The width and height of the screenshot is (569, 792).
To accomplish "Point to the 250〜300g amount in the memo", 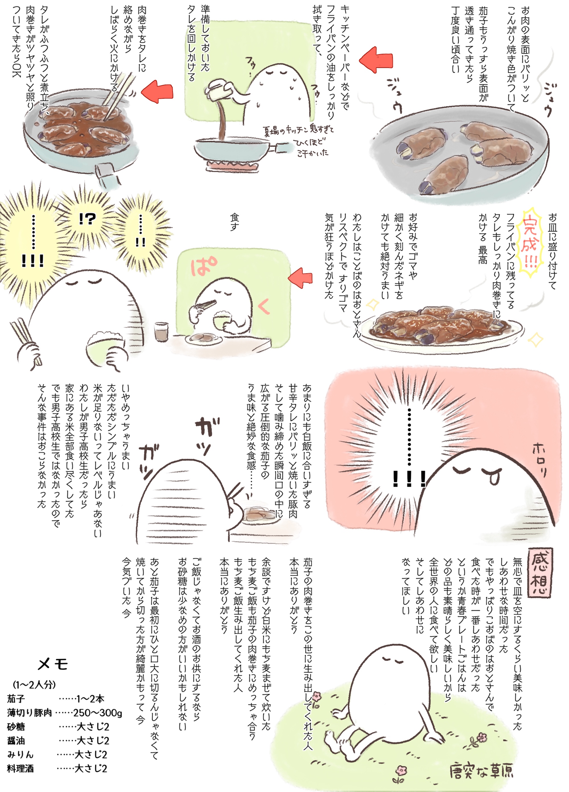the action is (x=98, y=712).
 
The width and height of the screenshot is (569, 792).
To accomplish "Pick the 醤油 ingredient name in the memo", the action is (x=16, y=741).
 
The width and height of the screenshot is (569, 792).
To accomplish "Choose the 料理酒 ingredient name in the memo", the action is (x=20, y=769).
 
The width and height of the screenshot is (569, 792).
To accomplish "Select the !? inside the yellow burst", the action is (x=87, y=219).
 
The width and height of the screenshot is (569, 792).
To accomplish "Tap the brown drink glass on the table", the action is (x=161, y=331).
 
